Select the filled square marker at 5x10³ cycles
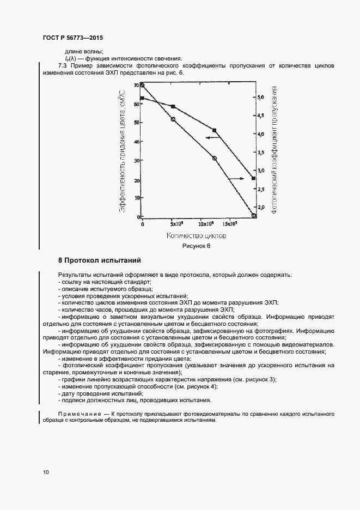(x=173, y=107)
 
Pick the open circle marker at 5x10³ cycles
(x=173, y=119)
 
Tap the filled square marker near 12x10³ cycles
(x=214, y=130)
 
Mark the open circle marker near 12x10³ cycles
(x=214, y=159)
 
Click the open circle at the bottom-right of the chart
(x=254, y=216)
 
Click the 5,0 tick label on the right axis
(x=261, y=98)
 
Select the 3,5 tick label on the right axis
(x=261, y=153)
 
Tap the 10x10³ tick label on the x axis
(x=205, y=224)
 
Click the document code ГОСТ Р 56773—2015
(x=72, y=39)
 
